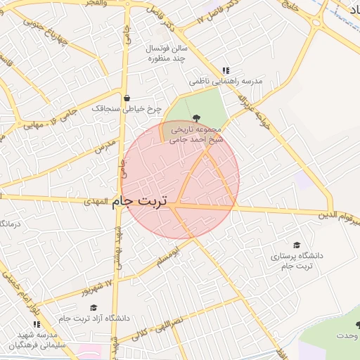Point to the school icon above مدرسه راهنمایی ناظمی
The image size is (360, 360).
click(226, 70)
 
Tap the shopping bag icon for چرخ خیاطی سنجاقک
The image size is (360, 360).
click(126, 98)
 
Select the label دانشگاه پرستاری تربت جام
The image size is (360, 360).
click(296, 261)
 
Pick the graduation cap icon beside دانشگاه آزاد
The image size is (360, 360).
click(93, 307)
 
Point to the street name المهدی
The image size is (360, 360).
click(101, 201)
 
